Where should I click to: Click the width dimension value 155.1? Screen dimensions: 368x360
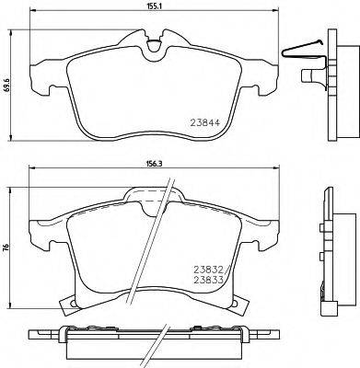coord(154,6)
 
